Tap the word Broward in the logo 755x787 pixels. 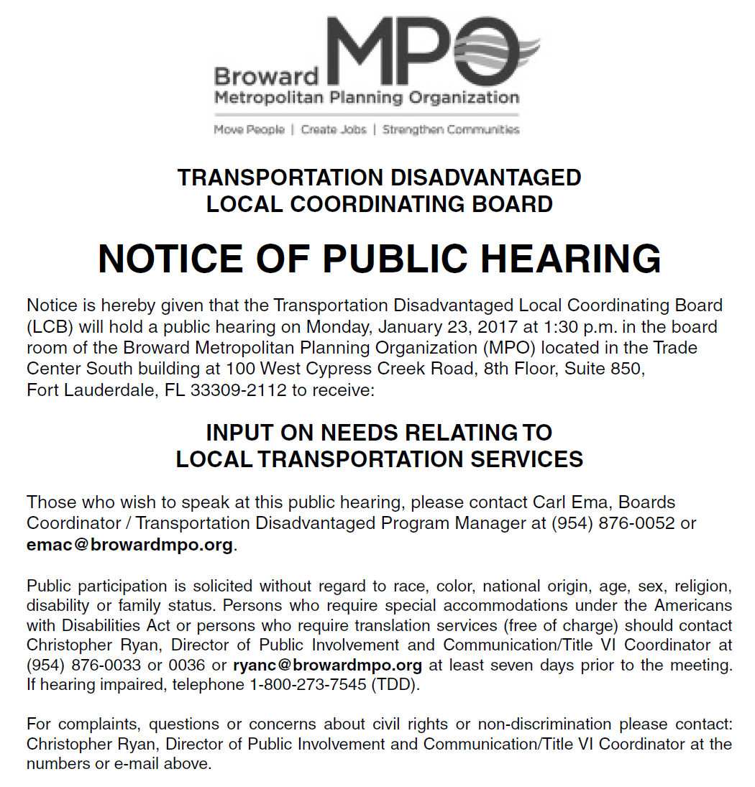point(266,76)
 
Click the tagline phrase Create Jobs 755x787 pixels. point(334,130)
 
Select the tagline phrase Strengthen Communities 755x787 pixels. point(451,130)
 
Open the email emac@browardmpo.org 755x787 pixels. point(129,545)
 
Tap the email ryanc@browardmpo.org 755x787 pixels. point(328,664)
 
